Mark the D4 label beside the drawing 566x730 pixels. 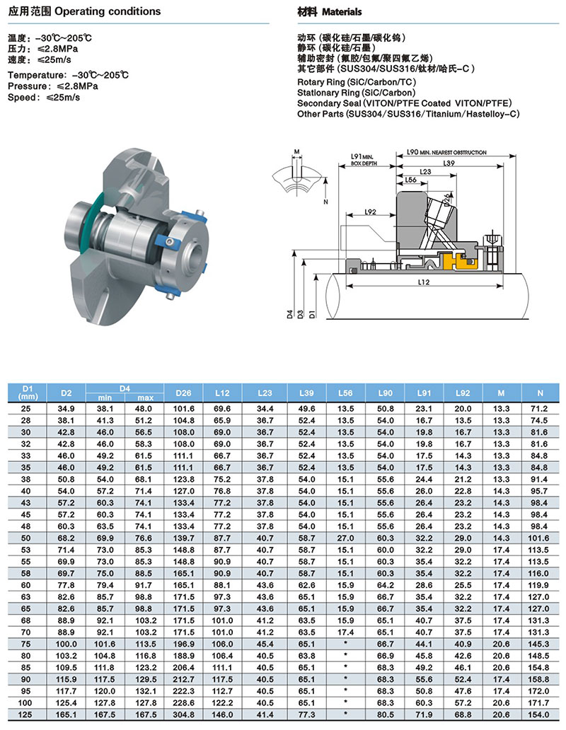coord(290,312)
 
